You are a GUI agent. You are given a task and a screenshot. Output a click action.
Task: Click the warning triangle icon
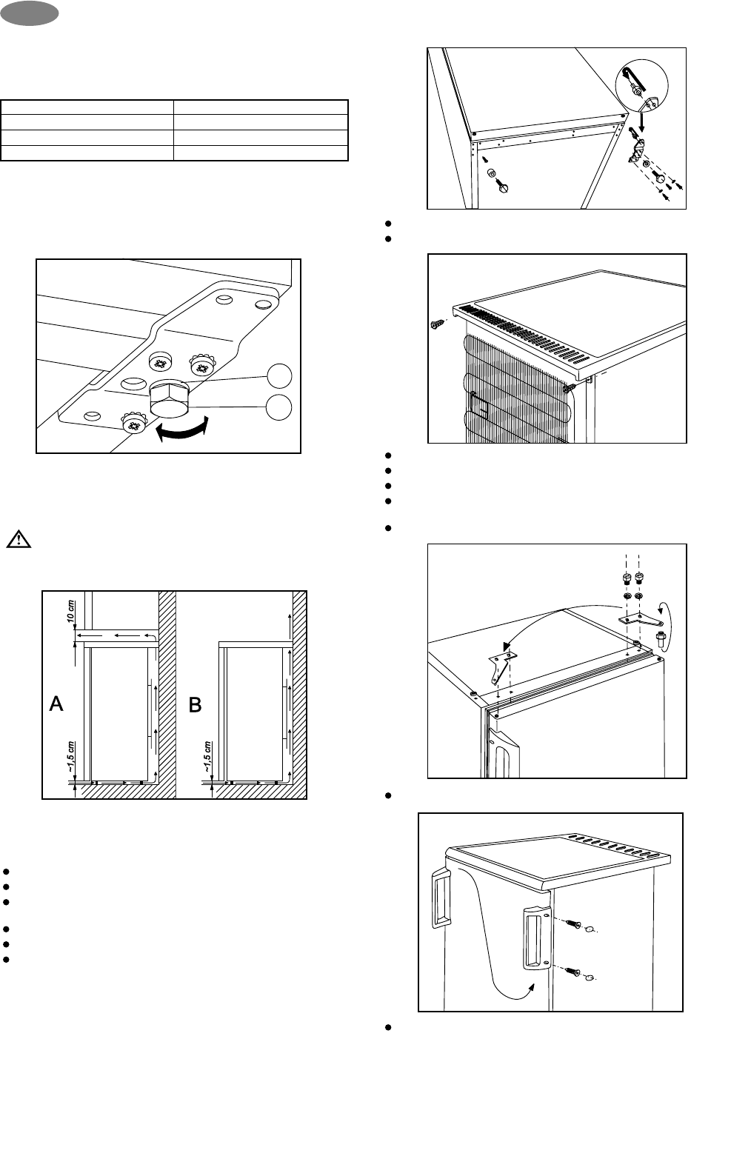(x=19, y=539)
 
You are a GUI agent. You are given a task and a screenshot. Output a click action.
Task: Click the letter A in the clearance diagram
(x=56, y=704)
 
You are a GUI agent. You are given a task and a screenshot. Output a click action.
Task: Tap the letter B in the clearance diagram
(x=195, y=704)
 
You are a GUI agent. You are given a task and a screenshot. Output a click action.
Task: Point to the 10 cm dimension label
(x=71, y=612)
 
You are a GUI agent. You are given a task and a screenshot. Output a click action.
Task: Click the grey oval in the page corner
(x=29, y=13)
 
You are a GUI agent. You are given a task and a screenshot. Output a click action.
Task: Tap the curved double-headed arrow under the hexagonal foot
(x=181, y=429)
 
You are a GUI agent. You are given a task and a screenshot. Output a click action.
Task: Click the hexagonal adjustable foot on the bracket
(x=169, y=399)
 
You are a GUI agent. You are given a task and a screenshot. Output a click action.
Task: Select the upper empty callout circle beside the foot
(x=279, y=376)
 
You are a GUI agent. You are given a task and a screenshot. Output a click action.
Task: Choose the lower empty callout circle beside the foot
(x=279, y=407)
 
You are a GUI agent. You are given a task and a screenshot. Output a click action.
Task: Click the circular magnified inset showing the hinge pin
(x=641, y=86)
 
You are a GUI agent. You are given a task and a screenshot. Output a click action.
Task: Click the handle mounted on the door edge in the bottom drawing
(x=536, y=939)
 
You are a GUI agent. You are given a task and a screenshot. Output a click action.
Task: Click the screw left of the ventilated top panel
(x=436, y=325)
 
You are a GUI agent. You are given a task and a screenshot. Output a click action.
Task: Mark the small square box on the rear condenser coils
(x=479, y=407)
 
